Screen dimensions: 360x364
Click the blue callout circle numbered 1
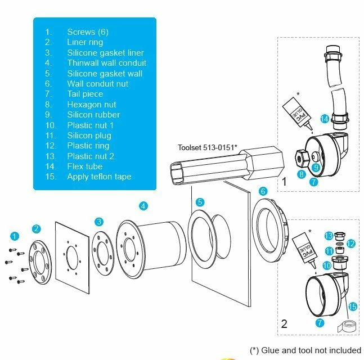[x=15, y=235]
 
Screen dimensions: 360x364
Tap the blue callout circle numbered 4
[x=143, y=206]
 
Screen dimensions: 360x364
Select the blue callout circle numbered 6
[x=262, y=191]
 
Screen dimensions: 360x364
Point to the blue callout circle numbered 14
[x=324, y=119]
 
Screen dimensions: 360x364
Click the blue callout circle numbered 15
[x=352, y=307]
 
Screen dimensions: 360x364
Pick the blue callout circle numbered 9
[x=316, y=167]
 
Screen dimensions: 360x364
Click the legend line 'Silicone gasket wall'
[x=105, y=73]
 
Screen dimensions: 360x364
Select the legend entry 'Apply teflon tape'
[x=99, y=176]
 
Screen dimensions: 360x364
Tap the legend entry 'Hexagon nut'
[x=92, y=104]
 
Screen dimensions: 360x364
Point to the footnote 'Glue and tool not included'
[x=305, y=350]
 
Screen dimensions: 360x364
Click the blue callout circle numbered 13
[x=329, y=235]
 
